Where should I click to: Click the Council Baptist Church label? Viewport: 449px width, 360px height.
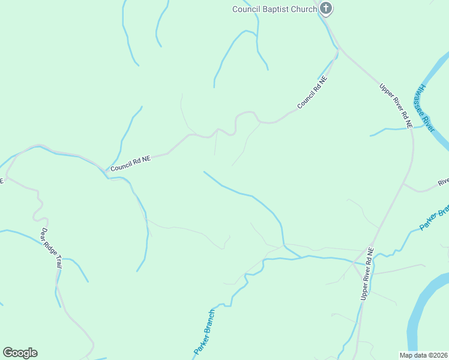[275, 8]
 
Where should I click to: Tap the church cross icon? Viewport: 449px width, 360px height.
[326, 8]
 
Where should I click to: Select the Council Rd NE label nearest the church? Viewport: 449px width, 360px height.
[312, 92]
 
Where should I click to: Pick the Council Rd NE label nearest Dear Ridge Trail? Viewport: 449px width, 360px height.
[129, 163]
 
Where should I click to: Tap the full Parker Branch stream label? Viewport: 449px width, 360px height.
[204, 332]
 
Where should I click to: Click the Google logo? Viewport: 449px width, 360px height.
[20, 353]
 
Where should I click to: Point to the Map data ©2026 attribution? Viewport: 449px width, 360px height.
[423, 355]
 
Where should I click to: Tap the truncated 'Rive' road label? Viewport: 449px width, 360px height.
[443, 181]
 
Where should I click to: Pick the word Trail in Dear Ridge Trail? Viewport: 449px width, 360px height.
[58, 262]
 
